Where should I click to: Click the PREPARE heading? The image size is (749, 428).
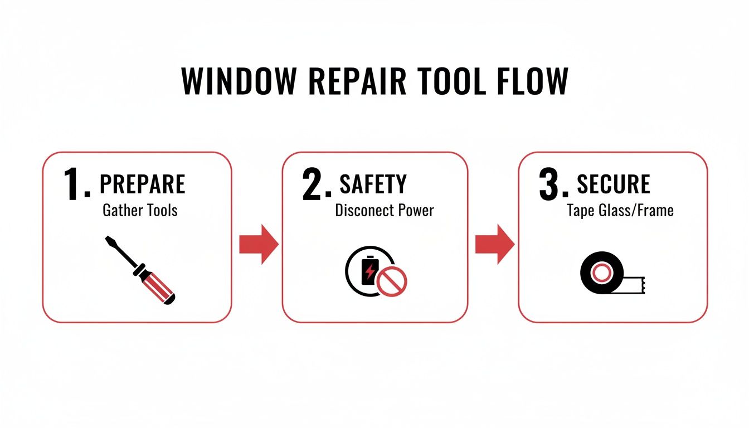tap(142, 184)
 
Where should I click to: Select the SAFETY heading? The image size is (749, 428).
tap(373, 184)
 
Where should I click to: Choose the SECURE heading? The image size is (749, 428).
tap(613, 184)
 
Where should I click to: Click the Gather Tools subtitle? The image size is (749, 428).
tap(140, 211)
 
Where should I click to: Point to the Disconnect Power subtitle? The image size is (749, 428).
tap(384, 211)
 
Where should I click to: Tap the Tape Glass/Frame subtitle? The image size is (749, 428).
tap(620, 211)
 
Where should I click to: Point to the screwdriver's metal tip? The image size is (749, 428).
tap(107, 239)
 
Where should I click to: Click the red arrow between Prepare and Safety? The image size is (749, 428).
tap(258, 244)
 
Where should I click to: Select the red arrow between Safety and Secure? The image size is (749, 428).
tap(494, 244)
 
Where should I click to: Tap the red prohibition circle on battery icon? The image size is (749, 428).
tap(392, 280)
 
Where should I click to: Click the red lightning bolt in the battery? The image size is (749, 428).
tap(369, 272)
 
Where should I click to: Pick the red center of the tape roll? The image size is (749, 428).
tap(601, 273)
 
